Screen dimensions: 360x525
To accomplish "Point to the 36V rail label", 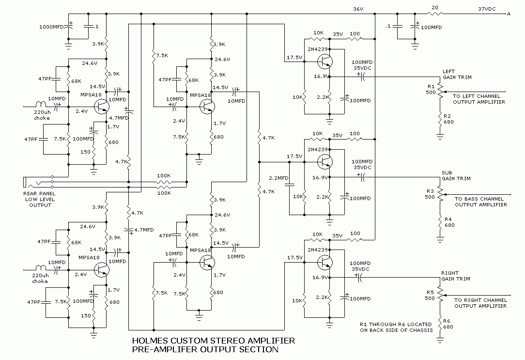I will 358,9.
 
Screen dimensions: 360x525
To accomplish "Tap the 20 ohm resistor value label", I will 434,8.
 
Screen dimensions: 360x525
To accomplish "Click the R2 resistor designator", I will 432,116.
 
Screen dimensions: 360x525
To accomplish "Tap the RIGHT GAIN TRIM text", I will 455,276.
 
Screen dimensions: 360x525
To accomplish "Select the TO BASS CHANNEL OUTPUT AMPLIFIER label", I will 479,202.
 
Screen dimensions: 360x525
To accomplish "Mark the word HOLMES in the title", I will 149,341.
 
